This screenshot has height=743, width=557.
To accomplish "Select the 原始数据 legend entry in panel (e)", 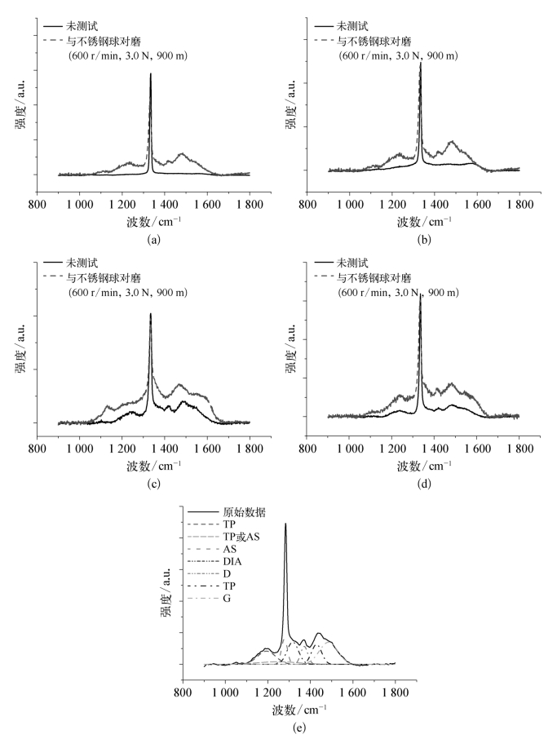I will [x=254, y=512].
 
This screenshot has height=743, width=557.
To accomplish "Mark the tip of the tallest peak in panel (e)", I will [x=285, y=524].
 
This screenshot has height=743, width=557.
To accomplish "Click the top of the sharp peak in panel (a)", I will [x=151, y=73].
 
